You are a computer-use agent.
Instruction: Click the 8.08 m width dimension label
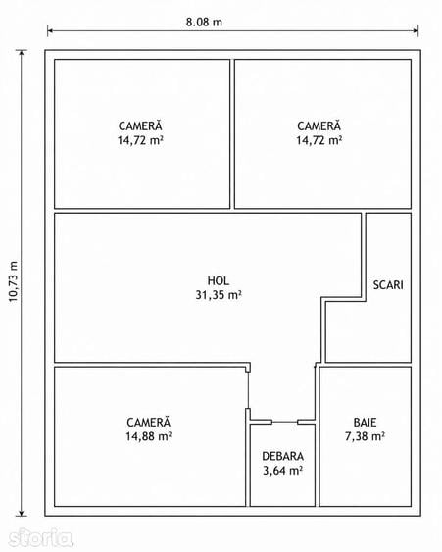click(x=204, y=22)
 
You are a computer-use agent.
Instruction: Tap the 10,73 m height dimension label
click(x=13, y=281)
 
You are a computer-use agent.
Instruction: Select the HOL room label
click(x=219, y=280)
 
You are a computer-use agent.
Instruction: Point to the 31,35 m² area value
click(x=219, y=295)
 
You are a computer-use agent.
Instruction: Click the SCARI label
click(x=388, y=284)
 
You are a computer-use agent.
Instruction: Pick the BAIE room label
click(x=365, y=423)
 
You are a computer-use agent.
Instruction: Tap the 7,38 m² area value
click(x=365, y=436)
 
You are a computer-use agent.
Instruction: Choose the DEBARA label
click(x=282, y=456)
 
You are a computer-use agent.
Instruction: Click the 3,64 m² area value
click(x=282, y=471)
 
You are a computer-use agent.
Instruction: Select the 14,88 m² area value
click(x=149, y=436)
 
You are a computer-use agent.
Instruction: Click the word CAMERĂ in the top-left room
click(x=140, y=125)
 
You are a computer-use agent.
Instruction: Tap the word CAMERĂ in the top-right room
click(x=319, y=125)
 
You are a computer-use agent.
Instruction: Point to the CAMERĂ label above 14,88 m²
click(x=149, y=422)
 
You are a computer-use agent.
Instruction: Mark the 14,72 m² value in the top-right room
click(x=319, y=140)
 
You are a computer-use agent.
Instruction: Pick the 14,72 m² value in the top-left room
click(x=140, y=140)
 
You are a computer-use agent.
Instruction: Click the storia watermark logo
click(x=40, y=537)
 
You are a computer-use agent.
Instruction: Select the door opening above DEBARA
click(x=284, y=422)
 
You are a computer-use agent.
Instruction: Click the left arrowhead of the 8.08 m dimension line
click(x=50, y=31)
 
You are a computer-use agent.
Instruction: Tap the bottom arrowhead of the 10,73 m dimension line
click(x=22, y=514)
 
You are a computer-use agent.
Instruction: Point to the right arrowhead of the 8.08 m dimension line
click(x=416, y=31)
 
